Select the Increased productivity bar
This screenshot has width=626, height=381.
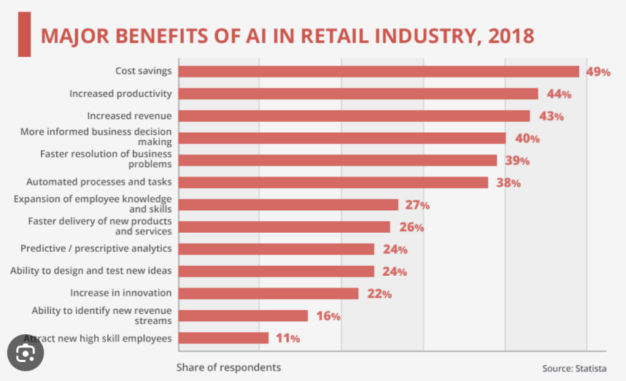[x=358, y=93]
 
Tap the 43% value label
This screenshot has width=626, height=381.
[x=550, y=116]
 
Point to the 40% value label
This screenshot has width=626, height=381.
[x=526, y=139]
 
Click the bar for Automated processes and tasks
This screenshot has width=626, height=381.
[x=333, y=182]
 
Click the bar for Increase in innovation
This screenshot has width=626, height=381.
[x=268, y=293]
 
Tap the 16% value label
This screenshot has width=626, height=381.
[x=328, y=316]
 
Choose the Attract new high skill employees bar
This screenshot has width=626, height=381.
[x=223, y=338]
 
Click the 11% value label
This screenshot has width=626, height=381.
[x=287, y=339]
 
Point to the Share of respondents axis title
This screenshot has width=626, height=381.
[x=228, y=367]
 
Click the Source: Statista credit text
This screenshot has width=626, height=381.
[x=573, y=368]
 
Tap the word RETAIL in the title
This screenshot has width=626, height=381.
[x=343, y=36]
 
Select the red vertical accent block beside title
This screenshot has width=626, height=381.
[x=24, y=34]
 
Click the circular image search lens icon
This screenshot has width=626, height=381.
[x=26, y=354]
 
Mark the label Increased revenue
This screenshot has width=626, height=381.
[x=129, y=115]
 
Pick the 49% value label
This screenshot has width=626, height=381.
[x=598, y=72]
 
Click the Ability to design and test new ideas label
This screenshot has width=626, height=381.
[x=91, y=271]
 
